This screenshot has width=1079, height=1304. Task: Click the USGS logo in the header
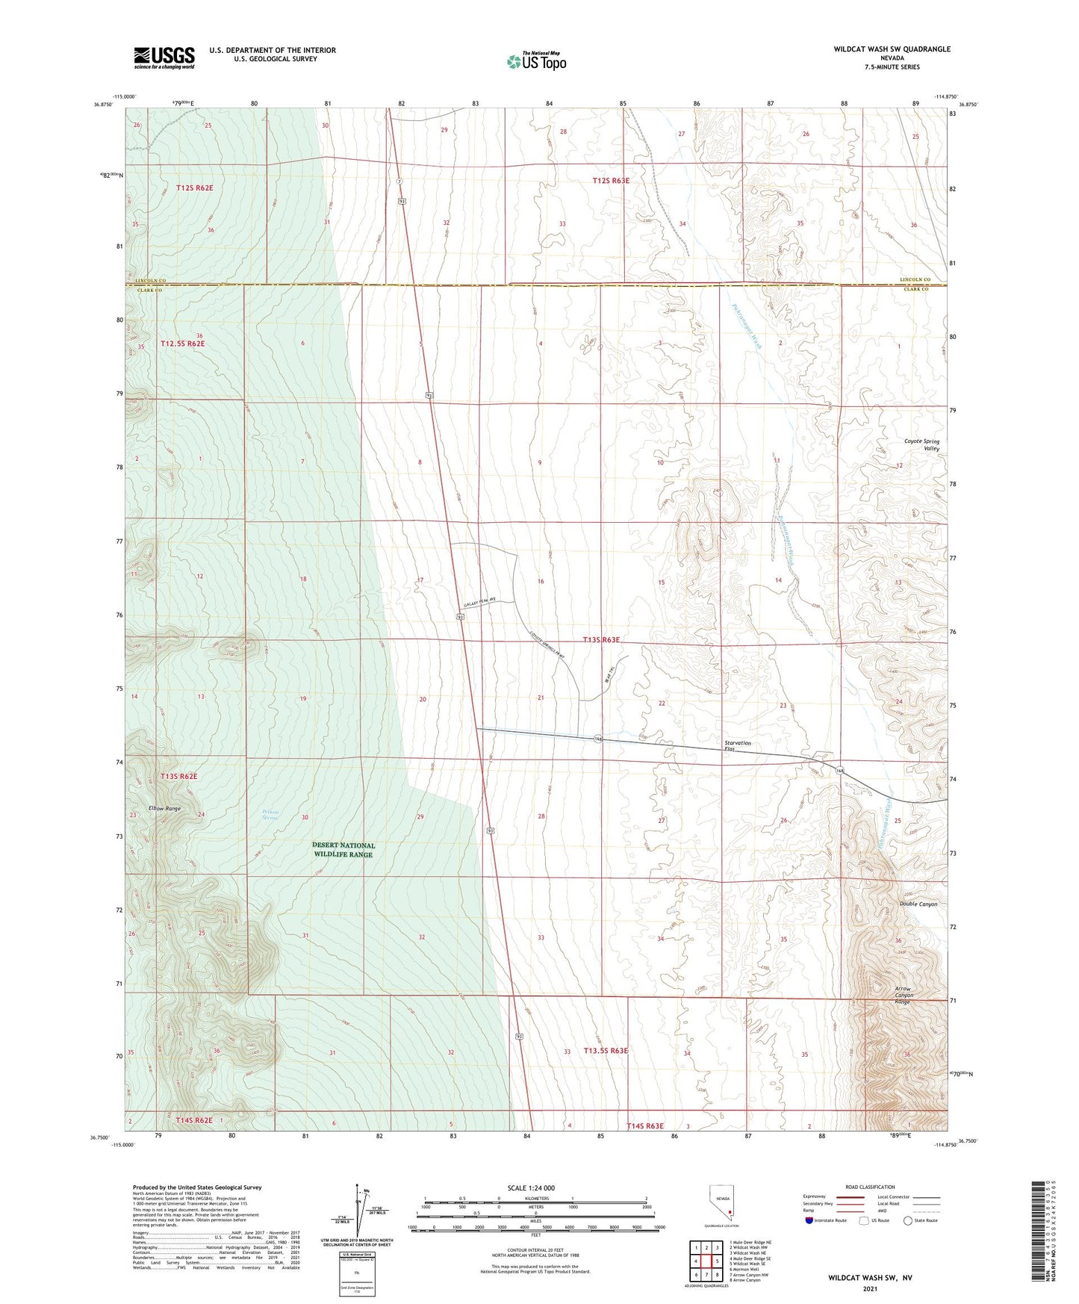(x=164, y=58)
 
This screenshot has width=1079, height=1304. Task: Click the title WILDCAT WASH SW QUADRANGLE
(x=892, y=49)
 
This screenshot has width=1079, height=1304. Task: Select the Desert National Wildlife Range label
(x=343, y=850)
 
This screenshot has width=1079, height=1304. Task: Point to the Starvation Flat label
(x=738, y=746)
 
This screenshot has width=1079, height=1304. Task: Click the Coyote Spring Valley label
(x=921, y=444)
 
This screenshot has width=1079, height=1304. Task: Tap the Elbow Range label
(x=164, y=808)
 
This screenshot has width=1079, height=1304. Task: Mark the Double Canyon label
(x=918, y=904)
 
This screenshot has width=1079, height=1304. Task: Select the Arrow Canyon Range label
(x=903, y=995)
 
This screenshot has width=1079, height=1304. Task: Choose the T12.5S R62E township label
(x=182, y=344)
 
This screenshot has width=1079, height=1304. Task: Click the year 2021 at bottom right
(x=869, y=1289)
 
